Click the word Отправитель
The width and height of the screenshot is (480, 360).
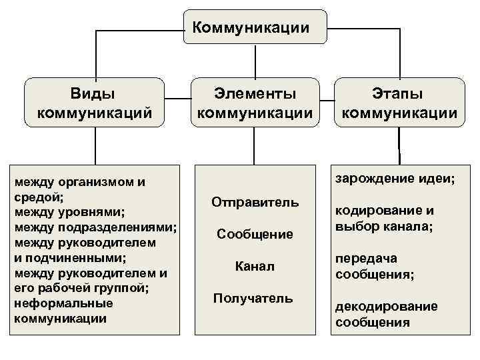coord(255,202)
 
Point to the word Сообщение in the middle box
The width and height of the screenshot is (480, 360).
coord(255,234)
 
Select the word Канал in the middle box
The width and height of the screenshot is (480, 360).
coord(255,267)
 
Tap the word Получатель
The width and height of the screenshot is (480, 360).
coord(253,298)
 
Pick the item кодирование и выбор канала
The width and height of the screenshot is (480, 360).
coord(385,219)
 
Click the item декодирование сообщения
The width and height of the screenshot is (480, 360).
coord(387,315)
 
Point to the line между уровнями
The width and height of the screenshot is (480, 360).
coord(69,213)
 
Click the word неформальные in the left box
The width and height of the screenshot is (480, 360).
coord(63,303)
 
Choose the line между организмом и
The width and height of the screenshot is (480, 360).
coord(79,182)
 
